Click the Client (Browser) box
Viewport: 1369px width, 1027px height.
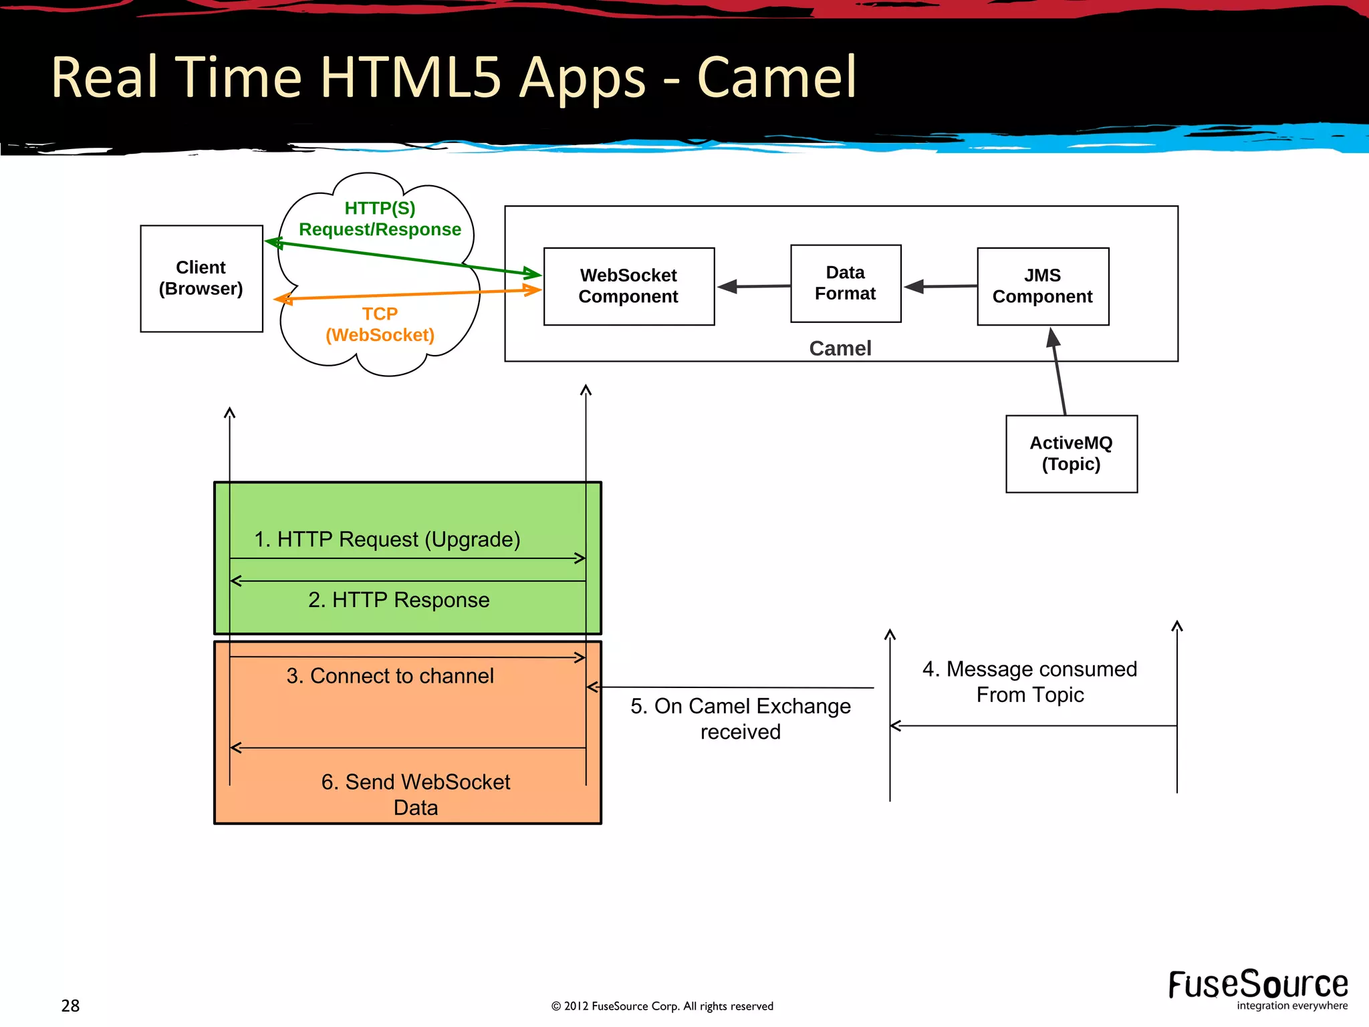201,278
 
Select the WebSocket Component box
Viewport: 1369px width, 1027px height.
628,286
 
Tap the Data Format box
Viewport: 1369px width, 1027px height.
845,283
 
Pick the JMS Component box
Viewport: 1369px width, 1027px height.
1042,286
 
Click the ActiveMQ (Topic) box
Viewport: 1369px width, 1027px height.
1071,454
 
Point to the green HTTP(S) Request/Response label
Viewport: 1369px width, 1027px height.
380,219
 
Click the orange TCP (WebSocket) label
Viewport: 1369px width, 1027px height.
380,324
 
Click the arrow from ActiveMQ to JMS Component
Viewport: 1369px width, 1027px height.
1059,372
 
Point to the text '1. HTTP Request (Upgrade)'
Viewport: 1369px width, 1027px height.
387,540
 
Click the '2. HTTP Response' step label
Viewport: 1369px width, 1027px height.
398,600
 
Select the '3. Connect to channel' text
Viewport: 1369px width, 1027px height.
390,676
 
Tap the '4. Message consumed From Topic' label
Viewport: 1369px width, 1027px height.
1029,681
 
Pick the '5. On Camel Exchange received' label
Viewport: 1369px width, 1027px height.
741,719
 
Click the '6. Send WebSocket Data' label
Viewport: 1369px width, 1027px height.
415,794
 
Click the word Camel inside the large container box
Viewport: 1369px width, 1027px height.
840,348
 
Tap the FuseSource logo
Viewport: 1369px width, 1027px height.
1257,988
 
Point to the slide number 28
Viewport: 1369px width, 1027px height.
70,1006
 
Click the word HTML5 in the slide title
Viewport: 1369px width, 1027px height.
410,78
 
